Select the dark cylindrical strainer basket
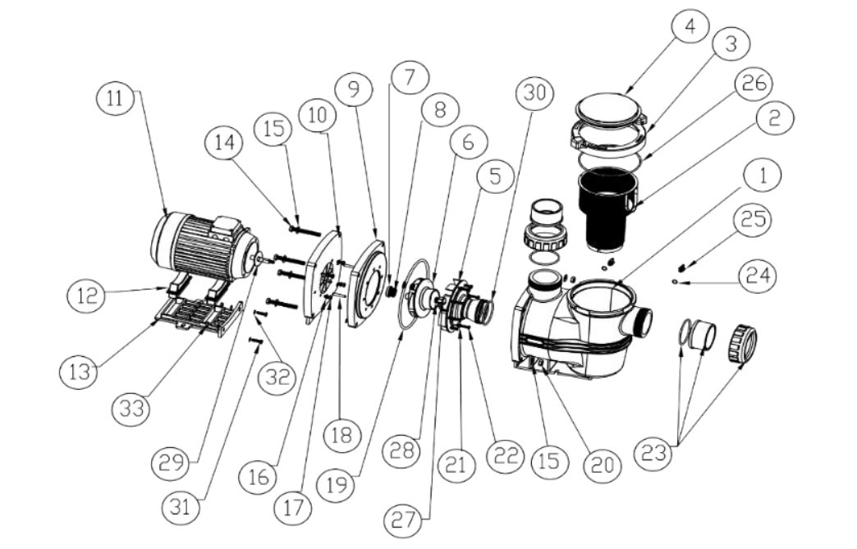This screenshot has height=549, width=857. [x=606, y=212]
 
